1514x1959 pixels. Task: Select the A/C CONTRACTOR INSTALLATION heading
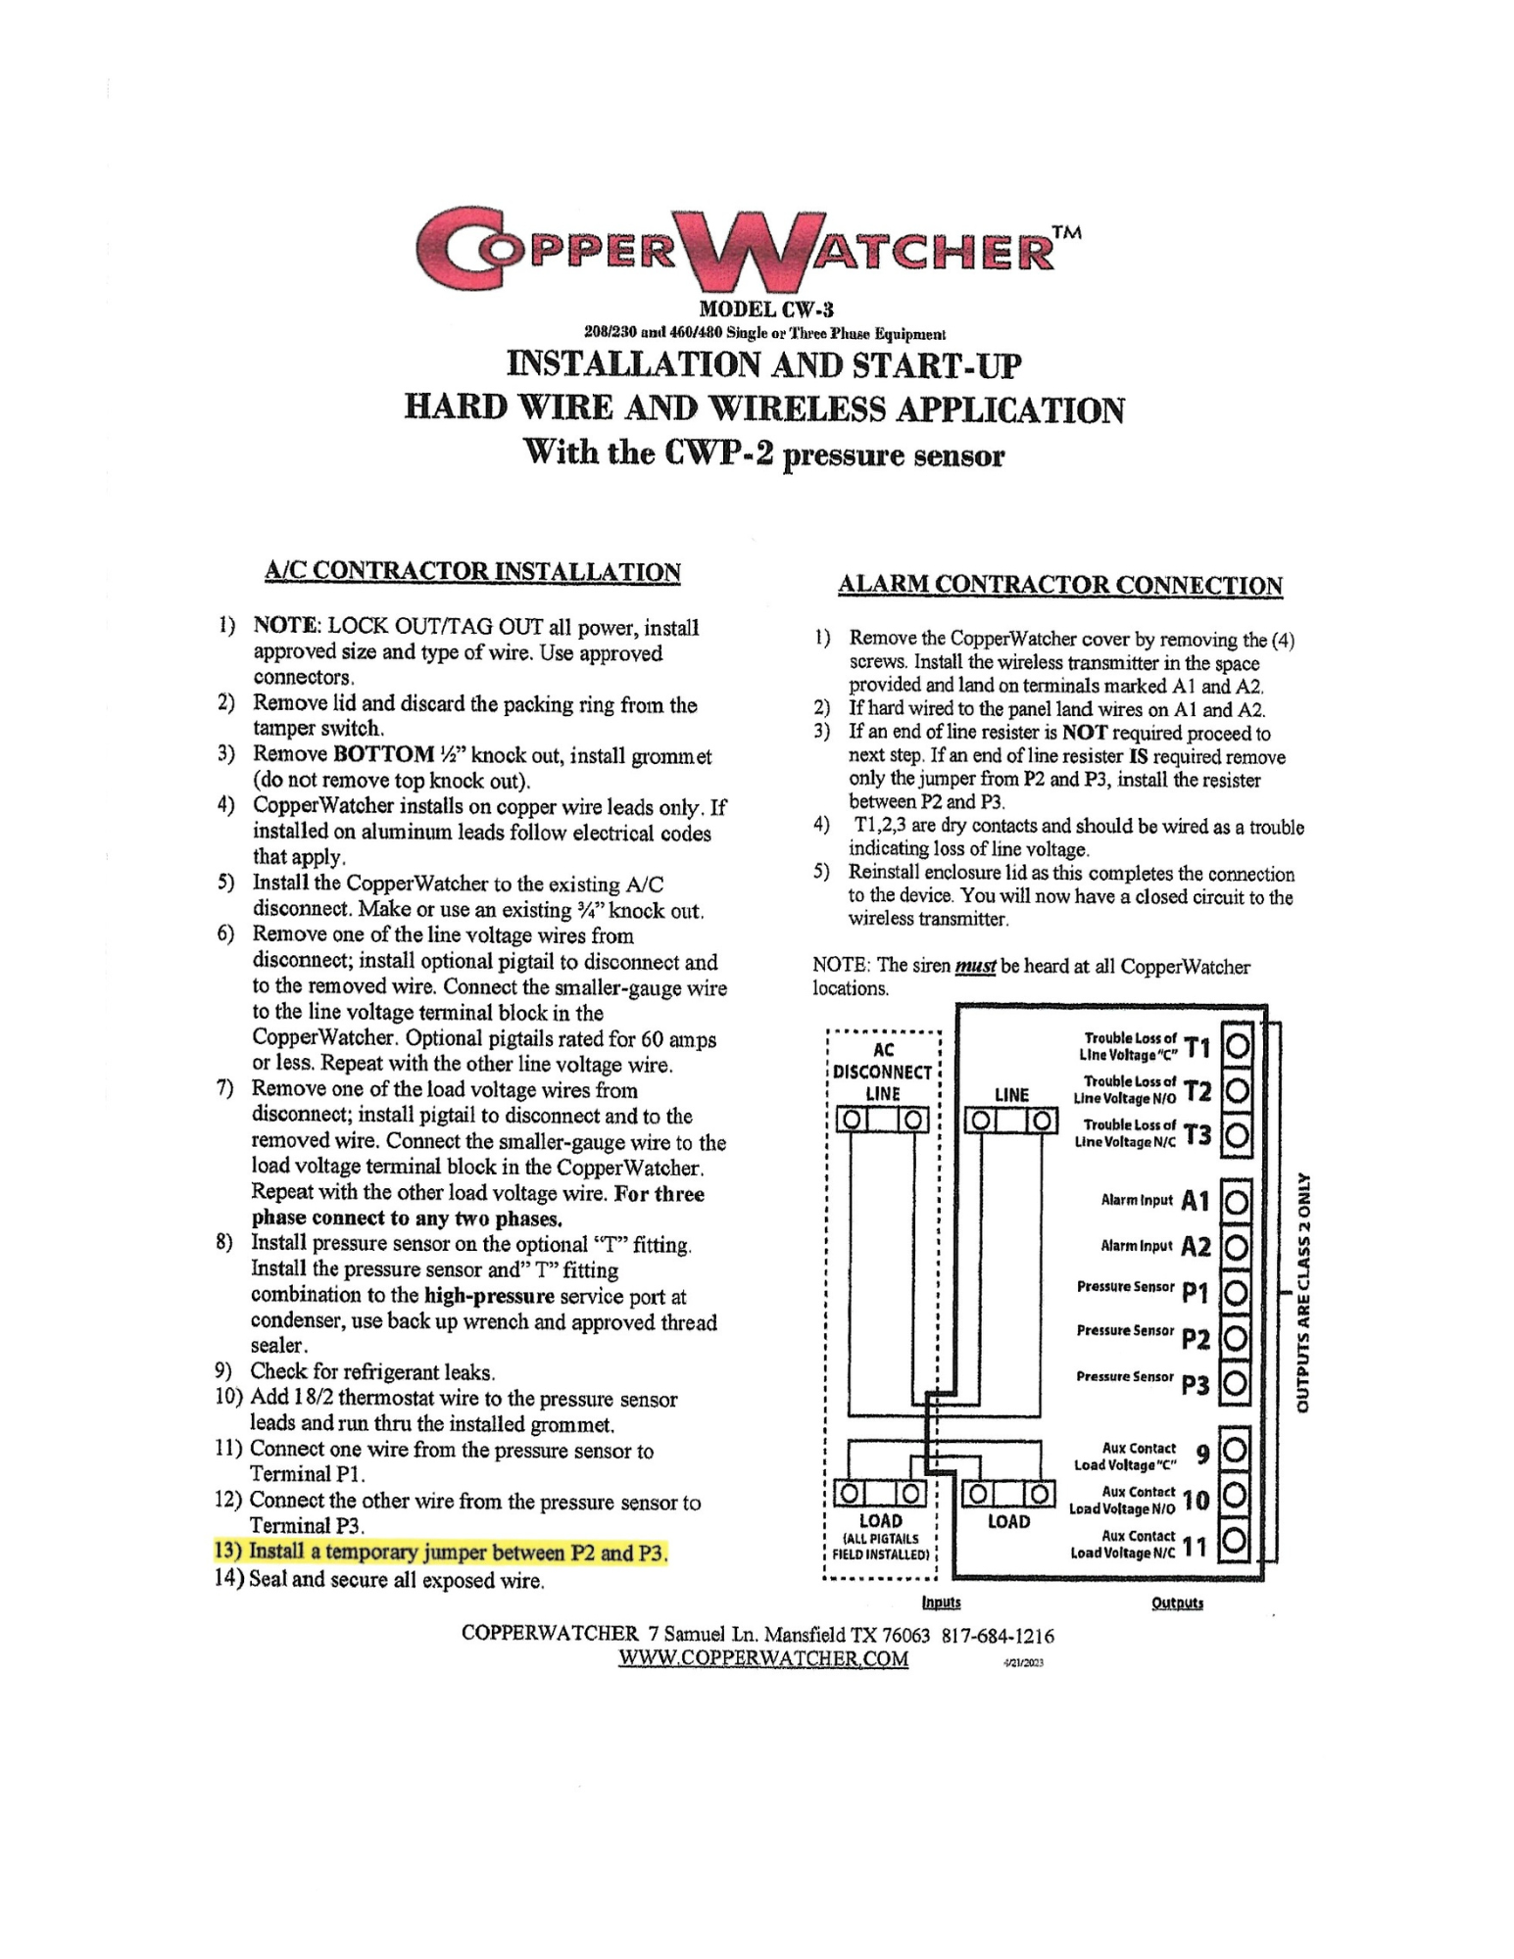(x=472, y=571)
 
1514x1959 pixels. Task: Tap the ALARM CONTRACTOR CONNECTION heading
(x=1060, y=585)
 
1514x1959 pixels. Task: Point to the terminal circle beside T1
(x=1238, y=1046)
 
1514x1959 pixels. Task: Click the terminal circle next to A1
(x=1238, y=1200)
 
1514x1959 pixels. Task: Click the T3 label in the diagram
(x=1197, y=1134)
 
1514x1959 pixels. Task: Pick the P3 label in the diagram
(x=1196, y=1384)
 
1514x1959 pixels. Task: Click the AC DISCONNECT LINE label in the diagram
(x=883, y=1072)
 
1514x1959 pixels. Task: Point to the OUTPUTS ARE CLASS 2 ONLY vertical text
(x=1303, y=1293)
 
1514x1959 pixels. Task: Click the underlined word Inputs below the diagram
(x=941, y=1602)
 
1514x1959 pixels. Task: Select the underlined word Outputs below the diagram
(x=1177, y=1602)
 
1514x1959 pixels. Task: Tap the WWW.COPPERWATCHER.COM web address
(x=763, y=1658)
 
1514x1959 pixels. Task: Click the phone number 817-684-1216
(x=998, y=1635)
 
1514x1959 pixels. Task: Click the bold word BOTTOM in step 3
(x=383, y=754)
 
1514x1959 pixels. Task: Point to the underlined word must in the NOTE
(x=975, y=967)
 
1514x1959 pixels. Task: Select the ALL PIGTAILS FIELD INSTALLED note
(x=880, y=1547)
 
